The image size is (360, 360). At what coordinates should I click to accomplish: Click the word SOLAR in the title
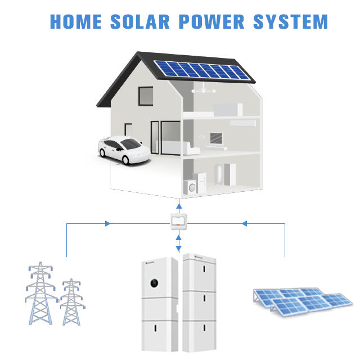tap(140, 21)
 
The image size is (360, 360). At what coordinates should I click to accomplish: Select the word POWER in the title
tap(211, 21)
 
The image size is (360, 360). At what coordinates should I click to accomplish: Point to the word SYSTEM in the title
tap(290, 21)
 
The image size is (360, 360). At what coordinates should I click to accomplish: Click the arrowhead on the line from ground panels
tap(244, 223)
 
